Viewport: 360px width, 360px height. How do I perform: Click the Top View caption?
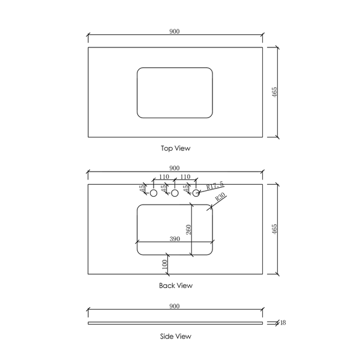[x=176, y=148]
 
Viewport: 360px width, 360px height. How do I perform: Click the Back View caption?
[x=176, y=286]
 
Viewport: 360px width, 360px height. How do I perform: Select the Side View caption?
[x=176, y=337]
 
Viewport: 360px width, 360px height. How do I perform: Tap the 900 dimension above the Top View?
[x=175, y=31]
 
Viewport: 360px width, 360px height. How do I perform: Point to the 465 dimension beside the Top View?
[x=275, y=92]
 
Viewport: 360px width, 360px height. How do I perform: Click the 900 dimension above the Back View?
[x=175, y=168]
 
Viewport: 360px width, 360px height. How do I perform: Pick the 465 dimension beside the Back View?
[x=275, y=229]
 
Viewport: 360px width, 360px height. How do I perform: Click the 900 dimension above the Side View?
[x=175, y=306]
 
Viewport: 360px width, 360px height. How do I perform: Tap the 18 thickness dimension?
[x=283, y=323]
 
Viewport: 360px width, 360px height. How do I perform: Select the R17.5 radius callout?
[x=215, y=185]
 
